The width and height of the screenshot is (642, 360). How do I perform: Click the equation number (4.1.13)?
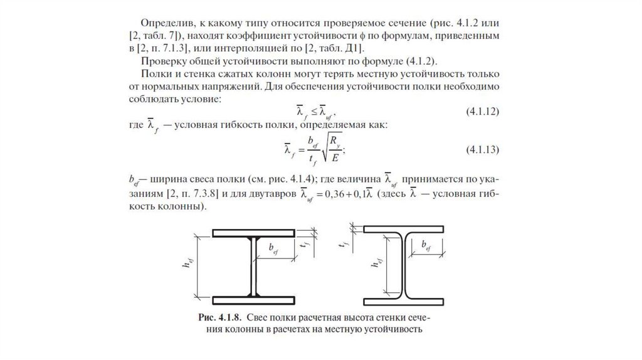pyautogui.click(x=481, y=151)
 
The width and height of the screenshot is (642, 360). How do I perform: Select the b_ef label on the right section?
pyautogui.click(x=426, y=245)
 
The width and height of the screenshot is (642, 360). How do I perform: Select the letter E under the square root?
pyautogui.click(x=337, y=159)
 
